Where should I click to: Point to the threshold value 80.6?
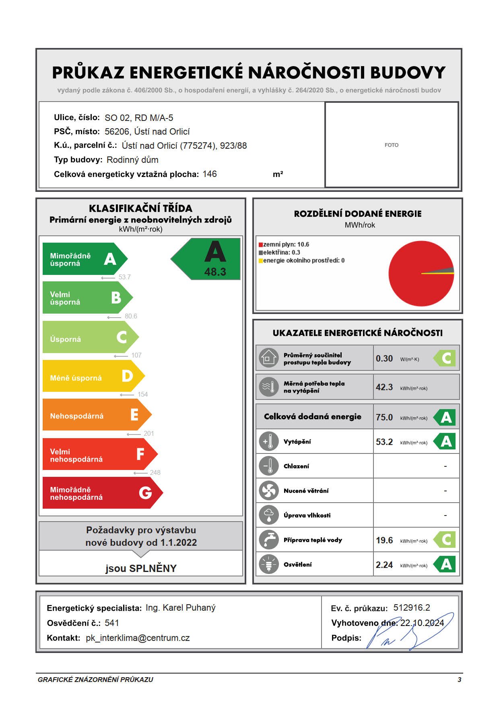pos(131,316)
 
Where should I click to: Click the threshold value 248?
pos(155,472)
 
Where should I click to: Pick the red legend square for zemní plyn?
pos(260,245)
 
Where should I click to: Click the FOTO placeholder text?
pos(391,145)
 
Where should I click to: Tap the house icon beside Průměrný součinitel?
pos(268,358)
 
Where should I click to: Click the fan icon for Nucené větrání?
pos(268,491)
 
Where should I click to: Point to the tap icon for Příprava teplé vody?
pos(268,540)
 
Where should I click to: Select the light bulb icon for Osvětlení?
pos(268,564)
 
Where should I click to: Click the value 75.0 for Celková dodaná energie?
pos(384,418)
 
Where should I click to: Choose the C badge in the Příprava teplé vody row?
pos(445,540)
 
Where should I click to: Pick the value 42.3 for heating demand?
pos(384,387)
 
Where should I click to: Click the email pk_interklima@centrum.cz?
pos(138,638)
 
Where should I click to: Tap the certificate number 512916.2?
pos(412,608)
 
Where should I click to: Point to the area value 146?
pos(210,174)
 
